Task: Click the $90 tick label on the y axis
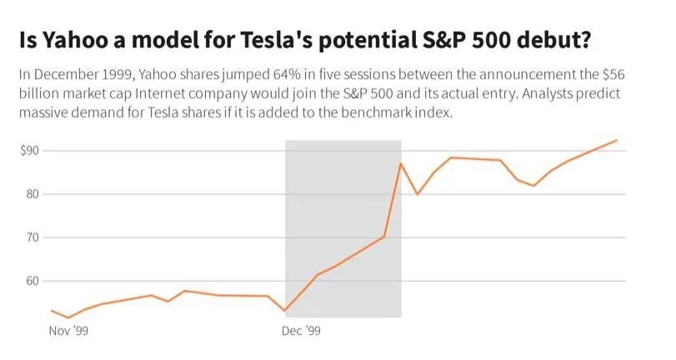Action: click(x=31, y=151)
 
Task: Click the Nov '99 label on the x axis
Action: click(x=68, y=331)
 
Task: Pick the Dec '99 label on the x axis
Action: click(x=301, y=331)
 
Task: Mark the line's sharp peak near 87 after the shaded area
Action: click(x=401, y=163)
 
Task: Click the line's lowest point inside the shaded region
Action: click(x=285, y=311)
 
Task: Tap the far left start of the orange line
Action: click(x=51, y=311)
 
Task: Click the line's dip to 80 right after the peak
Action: click(x=417, y=194)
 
